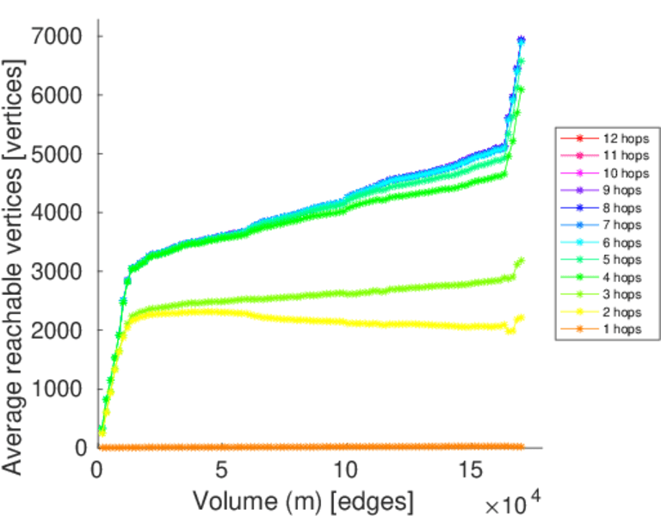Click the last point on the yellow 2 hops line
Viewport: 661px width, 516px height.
click(520, 317)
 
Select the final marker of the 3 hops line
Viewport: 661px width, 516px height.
click(520, 261)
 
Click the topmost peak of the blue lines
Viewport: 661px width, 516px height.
click(521, 40)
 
